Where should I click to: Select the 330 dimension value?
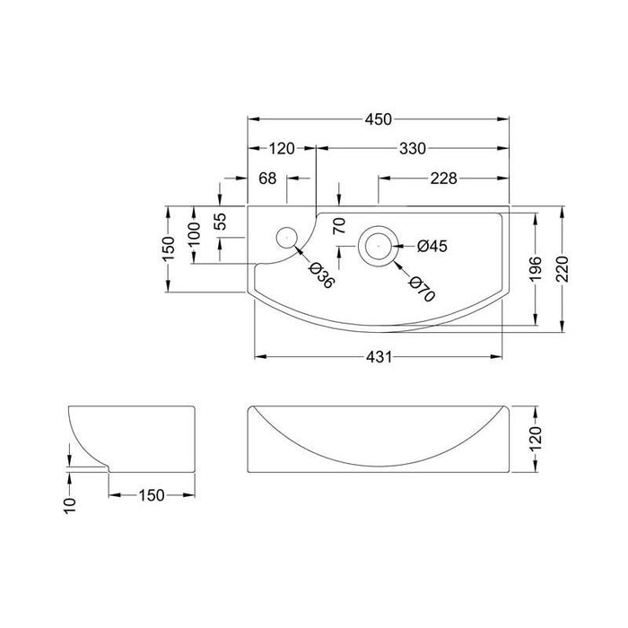(412, 149)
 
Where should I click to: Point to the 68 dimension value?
(267, 179)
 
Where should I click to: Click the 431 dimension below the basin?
(379, 357)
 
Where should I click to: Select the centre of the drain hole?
(377, 244)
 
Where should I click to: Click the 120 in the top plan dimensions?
(282, 149)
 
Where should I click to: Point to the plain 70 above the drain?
(339, 224)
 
